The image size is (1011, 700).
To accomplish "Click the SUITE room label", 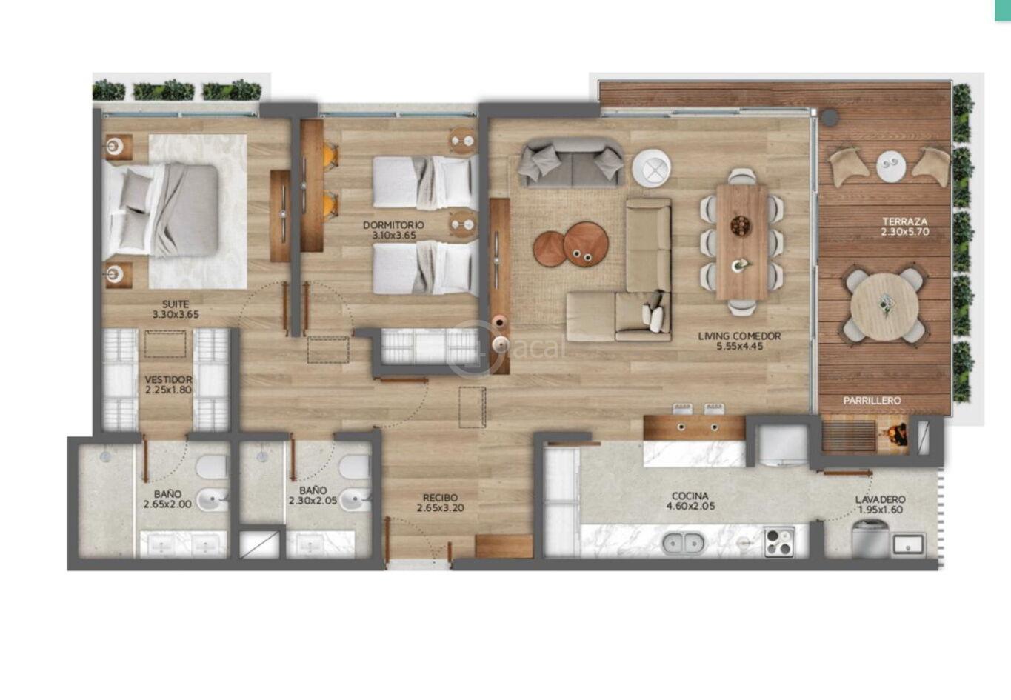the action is coord(176,304).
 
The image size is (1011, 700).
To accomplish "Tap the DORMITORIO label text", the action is coord(393,224).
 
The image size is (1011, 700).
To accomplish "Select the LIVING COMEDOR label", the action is coord(739,336).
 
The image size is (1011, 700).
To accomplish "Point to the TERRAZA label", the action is coord(905,221).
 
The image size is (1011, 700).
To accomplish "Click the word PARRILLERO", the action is coord(872,400).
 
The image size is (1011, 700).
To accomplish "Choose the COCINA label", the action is coord(690,496).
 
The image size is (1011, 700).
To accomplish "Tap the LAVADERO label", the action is coord(880,499).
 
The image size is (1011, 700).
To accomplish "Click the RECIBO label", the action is coord(440,498).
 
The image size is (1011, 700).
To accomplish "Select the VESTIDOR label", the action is coord(169,380).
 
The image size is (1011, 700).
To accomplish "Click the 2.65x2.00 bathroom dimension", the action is coord(167,504).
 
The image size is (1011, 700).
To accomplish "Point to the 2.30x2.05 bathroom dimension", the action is coord(313,501).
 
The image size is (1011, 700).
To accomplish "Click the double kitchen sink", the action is coord(683,543).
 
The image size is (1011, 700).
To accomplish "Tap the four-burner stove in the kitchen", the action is coord(779,542).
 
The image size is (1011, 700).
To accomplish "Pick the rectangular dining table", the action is coord(742,241).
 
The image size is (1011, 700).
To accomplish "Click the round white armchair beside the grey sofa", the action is coord(651,167).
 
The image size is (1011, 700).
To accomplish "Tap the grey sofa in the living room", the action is coord(572,163).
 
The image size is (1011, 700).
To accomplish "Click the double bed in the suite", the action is coord(161,211).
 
